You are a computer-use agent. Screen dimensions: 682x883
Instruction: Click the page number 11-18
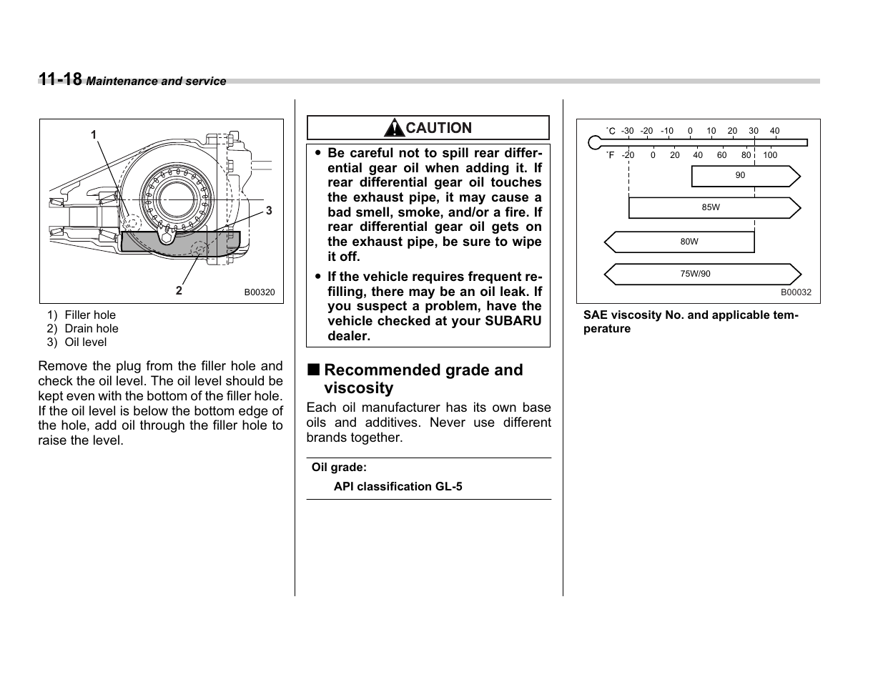[60, 79]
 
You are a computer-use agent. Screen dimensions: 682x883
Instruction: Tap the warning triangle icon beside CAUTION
[393, 129]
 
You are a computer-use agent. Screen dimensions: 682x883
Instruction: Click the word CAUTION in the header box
[438, 128]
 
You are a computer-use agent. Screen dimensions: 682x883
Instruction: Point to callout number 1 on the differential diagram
[94, 135]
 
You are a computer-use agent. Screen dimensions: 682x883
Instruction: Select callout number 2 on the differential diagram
[179, 290]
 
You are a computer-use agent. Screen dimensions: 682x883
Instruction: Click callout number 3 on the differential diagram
[269, 210]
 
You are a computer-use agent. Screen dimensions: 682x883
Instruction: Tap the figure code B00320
[259, 292]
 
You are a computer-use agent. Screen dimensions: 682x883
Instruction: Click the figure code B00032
[795, 292]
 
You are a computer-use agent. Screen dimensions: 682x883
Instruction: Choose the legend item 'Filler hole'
[89, 315]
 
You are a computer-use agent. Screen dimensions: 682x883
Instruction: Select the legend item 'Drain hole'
[91, 329]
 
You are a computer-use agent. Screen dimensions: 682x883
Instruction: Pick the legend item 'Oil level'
[85, 342]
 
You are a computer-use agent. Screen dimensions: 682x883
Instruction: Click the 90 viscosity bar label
[740, 175]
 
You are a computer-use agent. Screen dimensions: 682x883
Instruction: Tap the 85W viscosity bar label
[711, 207]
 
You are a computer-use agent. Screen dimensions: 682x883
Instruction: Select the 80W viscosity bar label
[689, 242]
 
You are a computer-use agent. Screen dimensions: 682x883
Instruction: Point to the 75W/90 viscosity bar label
[695, 274]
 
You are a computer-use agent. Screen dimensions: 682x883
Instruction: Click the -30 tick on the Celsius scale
[627, 131]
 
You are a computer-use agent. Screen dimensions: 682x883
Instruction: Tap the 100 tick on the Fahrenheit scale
[769, 155]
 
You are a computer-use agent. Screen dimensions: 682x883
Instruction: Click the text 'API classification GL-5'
[398, 487]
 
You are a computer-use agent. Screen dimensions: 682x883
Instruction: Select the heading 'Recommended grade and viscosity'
[423, 379]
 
